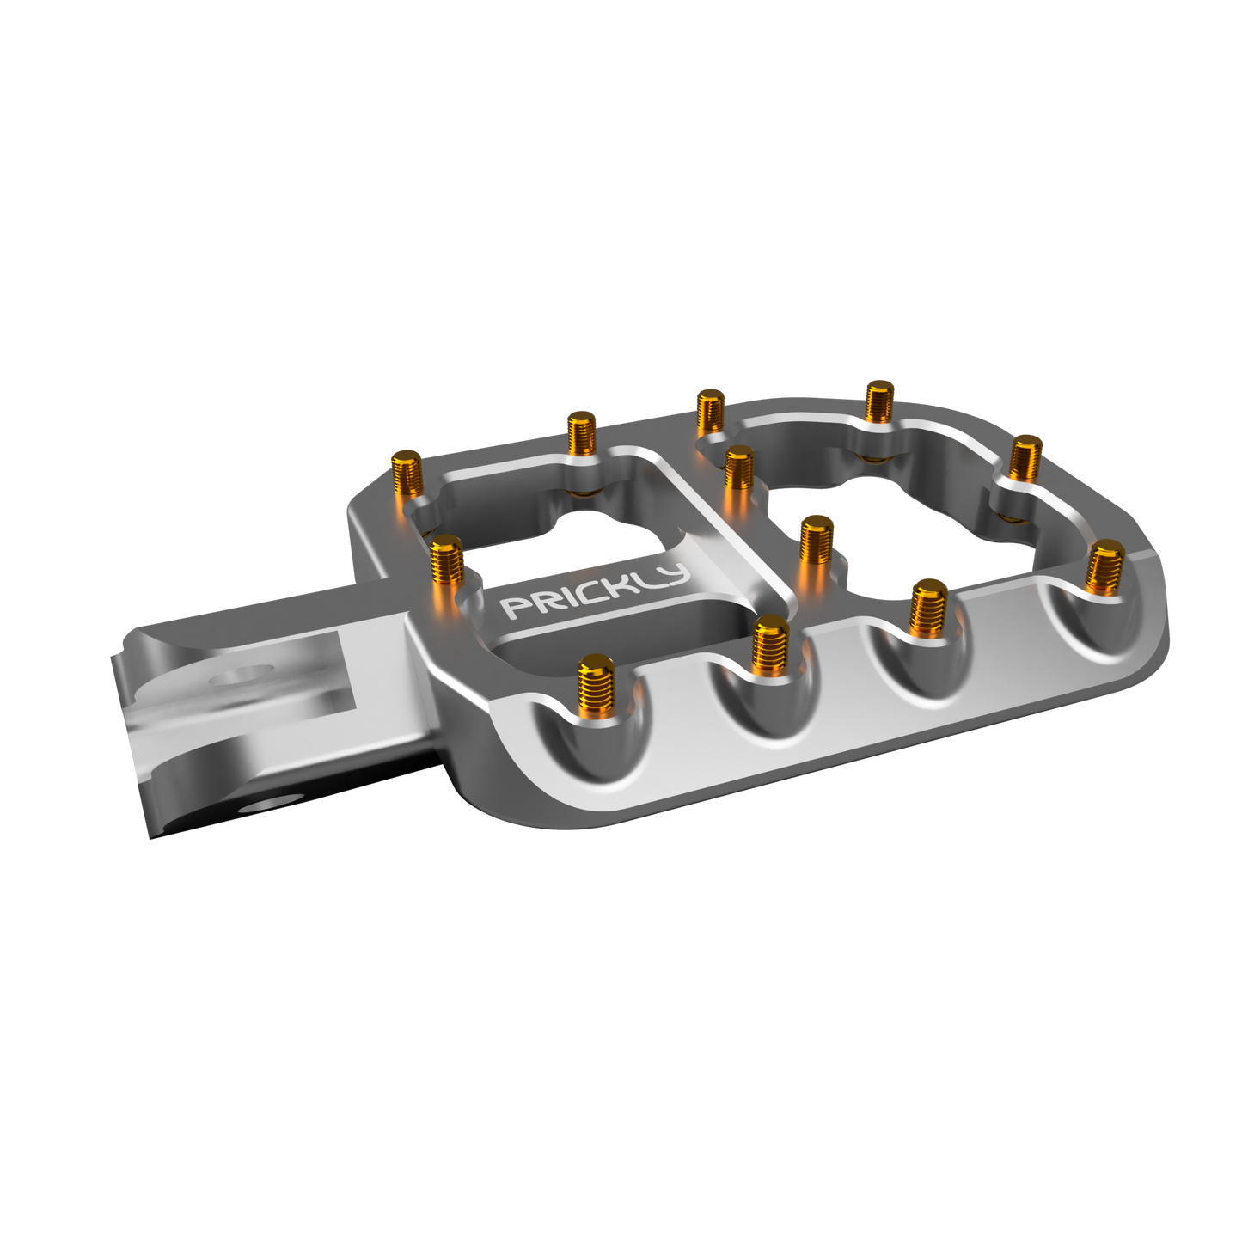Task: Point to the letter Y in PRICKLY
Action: click(x=675, y=575)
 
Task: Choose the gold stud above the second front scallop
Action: click(x=770, y=645)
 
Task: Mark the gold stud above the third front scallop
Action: click(x=928, y=605)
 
